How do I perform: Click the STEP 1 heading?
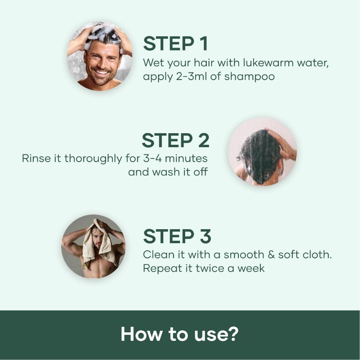pos(175,44)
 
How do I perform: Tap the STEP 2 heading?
pos(175,140)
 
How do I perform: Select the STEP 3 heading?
pos(177,236)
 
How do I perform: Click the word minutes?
pos(188,158)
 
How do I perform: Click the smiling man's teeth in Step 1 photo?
pos(102,72)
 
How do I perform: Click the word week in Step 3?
pos(251,268)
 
